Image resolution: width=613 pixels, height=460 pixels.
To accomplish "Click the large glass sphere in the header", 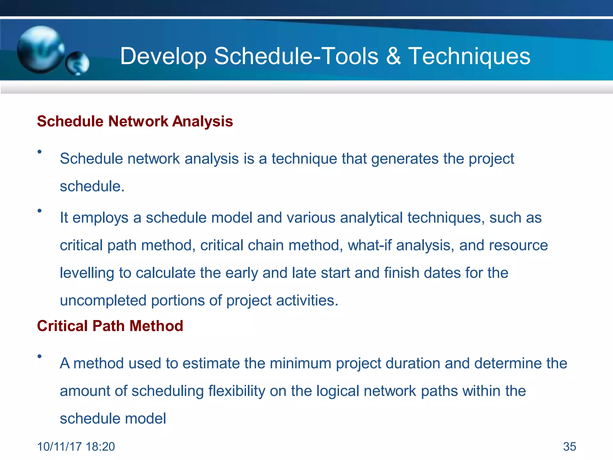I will point(40,49).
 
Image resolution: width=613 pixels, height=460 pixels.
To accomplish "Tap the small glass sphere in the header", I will point(78,63).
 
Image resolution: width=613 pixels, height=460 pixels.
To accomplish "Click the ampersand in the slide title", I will point(393,56).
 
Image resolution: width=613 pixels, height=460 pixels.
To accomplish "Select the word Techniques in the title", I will point(469,57).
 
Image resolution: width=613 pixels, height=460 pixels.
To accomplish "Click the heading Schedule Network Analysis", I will point(135,121).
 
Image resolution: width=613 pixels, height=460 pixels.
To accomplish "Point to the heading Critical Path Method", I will point(110,326).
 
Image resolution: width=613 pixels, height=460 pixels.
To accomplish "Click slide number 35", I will point(569,447).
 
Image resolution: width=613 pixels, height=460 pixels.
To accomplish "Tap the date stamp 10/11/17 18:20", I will point(76,447).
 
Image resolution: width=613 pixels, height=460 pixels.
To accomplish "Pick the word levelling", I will point(87,273).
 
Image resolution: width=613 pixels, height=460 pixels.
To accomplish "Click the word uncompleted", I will point(103,300).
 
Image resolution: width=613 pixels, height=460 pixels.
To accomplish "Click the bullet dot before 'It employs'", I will point(39,211).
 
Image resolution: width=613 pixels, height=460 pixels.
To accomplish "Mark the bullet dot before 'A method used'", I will point(39,356).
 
